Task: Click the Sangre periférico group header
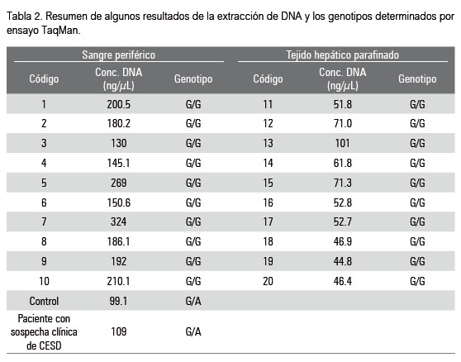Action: tap(118, 55)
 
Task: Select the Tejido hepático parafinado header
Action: tap(343, 55)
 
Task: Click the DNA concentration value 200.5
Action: tap(118, 104)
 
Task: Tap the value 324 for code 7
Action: tap(118, 221)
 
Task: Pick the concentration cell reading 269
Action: tap(118, 183)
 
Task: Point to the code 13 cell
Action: tap(268, 143)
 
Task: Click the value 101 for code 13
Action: tap(343, 143)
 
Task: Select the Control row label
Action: tap(44, 301)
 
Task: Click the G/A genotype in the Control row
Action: tap(193, 301)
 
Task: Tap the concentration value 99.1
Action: tap(118, 301)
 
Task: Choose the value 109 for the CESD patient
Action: tap(118, 331)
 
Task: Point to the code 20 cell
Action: tap(268, 282)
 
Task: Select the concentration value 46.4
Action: tap(343, 282)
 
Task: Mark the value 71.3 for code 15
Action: tap(343, 183)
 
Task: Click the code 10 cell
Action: tap(44, 282)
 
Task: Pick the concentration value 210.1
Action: tap(118, 282)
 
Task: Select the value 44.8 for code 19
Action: tap(343, 261)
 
